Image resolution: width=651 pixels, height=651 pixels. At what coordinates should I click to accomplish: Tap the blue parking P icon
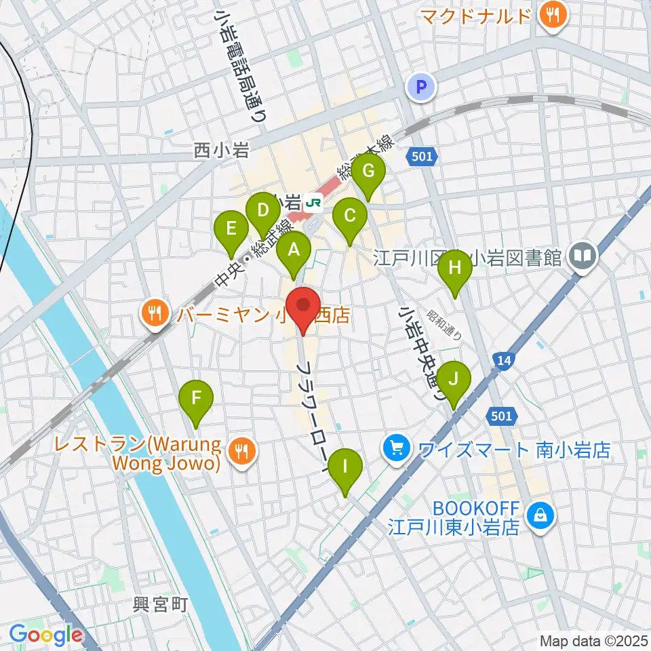(421, 87)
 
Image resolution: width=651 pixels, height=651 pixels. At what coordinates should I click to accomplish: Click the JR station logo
(313, 202)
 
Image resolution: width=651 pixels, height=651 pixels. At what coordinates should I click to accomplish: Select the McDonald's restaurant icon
(553, 16)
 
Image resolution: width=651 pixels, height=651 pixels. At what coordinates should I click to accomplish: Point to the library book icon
(583, 256)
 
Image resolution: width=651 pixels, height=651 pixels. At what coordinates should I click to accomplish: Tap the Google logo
(45, 635)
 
